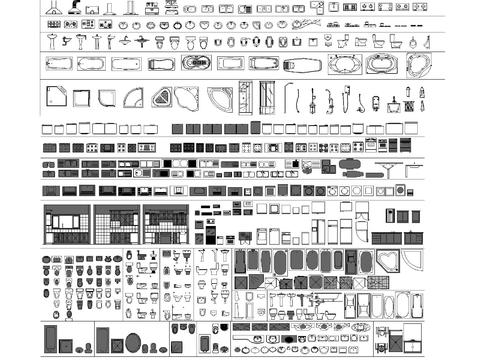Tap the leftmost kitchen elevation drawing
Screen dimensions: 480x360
point(66,224)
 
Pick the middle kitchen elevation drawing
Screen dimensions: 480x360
point(116,224)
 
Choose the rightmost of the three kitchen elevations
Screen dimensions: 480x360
point(165,224)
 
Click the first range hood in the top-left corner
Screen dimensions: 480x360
point(52,7)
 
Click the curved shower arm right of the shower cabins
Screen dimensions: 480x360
point(290,96)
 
